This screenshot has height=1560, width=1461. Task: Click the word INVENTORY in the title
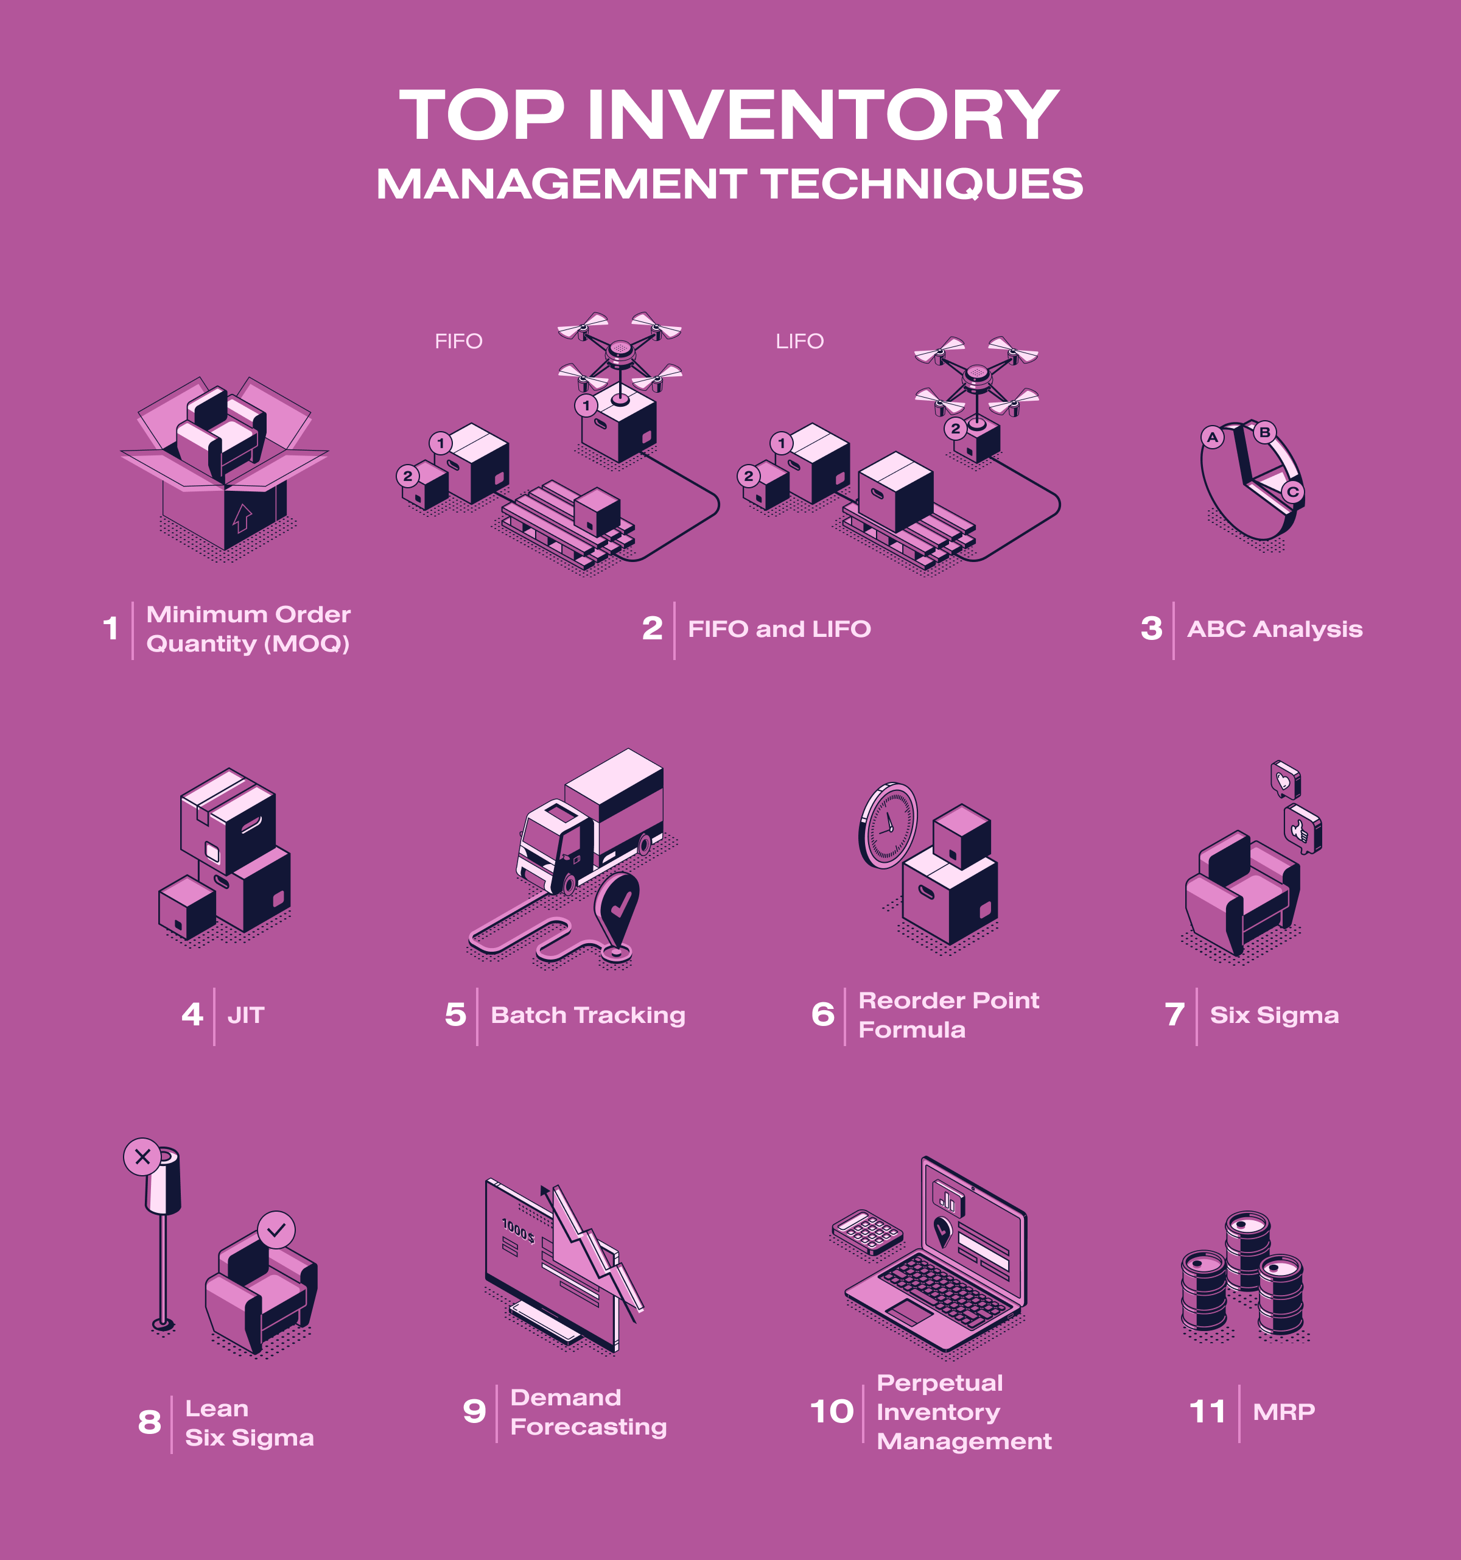click(x=824, y=115)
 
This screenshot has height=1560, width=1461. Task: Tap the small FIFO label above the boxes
click(x=458, y=342)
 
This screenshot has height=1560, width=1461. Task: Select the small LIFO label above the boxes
click(x=799, y=342)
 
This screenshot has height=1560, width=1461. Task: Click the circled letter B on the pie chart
click(x=1264, y=432)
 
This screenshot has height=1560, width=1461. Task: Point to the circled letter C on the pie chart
click(x=1293, y=492)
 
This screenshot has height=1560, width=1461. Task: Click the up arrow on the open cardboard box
click(x=242, y=519)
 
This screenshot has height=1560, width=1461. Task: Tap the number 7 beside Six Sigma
click(x=1175, y=1014)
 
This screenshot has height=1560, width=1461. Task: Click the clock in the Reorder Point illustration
click(x=889, y=826)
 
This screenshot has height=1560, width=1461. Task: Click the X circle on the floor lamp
click(x=142, y=1157)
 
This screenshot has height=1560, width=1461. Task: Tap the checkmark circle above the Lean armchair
click(x=276, y=1229)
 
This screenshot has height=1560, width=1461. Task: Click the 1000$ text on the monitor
click(x=519, y=1231)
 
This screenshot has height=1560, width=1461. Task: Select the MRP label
click(x=1284, y=1411)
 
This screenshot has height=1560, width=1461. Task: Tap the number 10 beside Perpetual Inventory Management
click(x=832, y=1411)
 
